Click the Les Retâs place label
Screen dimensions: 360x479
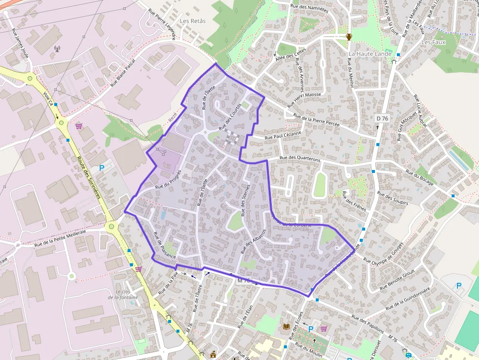[193, 21]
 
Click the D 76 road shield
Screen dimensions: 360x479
[382, 118]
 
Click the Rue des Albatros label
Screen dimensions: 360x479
[253, 241]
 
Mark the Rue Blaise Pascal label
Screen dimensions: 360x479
[122, 71]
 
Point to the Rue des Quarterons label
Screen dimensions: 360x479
[300, 159]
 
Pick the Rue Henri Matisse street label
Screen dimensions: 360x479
[304, 100]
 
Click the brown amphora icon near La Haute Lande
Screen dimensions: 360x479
[349, 37]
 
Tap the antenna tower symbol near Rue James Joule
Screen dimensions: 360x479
[57, 49]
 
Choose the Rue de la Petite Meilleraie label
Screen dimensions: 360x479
[60, 237]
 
